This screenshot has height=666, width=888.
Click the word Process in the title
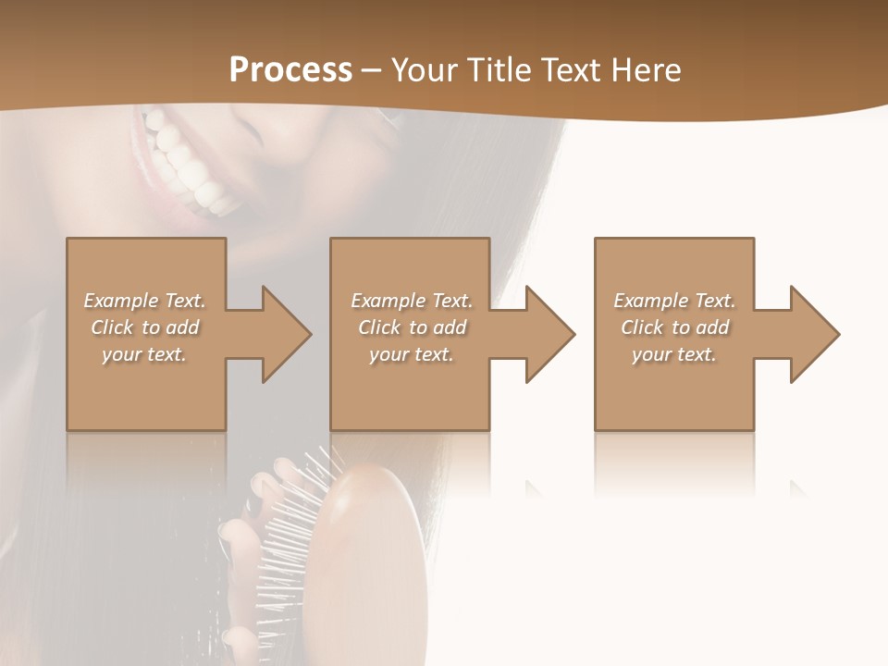point(290,70)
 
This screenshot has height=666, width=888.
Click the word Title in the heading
point(499,70)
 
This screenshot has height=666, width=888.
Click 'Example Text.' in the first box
point(144,301)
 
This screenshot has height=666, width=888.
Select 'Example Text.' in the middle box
point(411,301)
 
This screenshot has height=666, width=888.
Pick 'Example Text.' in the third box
point(674,301)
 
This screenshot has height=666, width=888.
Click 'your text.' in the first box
point(144,354)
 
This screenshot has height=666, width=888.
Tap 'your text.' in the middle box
point(411,354)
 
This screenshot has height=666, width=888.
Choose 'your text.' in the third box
point(674,354)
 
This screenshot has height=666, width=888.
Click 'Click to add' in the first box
point(144,327)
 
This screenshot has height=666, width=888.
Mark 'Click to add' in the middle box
point(411,327)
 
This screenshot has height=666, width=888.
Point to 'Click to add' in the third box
point(674,327)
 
